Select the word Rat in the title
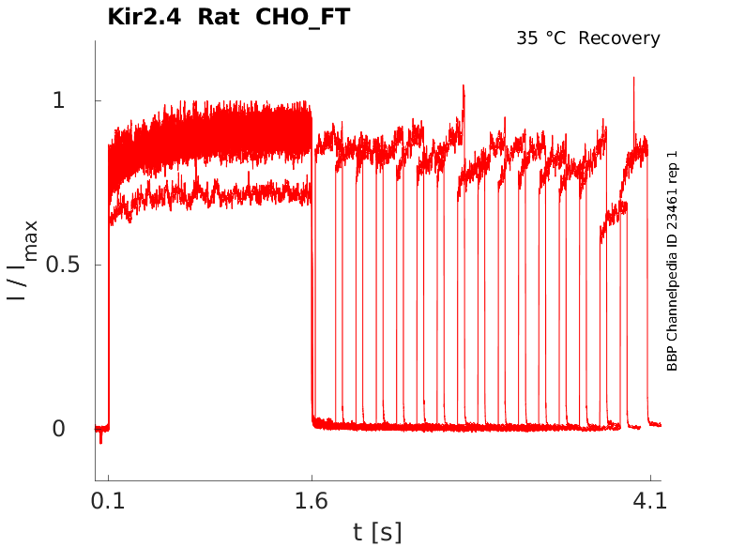tap(219, 17)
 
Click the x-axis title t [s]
tap(377, 532)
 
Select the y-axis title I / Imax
tap(24, 261)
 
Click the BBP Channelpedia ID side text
tap(672, 261)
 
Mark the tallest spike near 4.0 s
tap(633, 79)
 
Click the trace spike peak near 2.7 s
tap(463, 86)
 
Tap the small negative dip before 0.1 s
tap(101, 439)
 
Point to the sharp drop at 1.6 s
tap(312, 281)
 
